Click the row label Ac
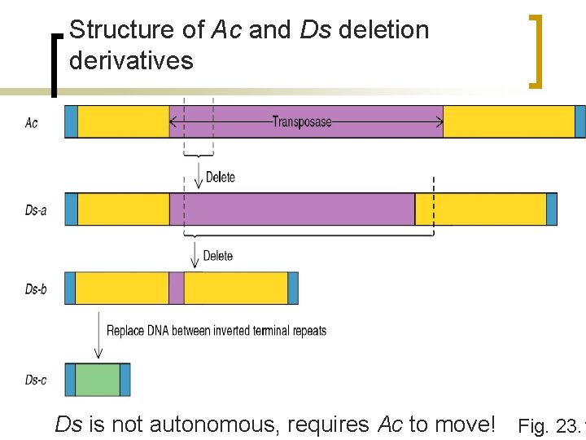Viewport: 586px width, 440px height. coord(31,123)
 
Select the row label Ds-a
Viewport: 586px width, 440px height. coord(35,210)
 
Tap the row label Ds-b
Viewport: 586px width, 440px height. coord(35,288)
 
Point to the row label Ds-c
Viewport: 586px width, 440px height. coord(35,380)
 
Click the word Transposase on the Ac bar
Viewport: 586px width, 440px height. coord(302,122)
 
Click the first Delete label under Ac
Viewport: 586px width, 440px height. coord(220,177)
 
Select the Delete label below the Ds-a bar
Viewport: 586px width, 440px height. coord(217,256)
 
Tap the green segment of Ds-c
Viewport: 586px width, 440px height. coord(98,380)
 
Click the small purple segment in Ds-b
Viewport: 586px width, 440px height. coord(176,288)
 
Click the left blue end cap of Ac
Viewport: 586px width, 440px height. coord(71,121)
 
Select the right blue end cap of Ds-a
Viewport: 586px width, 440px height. coord(552,209)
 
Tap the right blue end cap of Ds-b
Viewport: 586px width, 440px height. coord(293,288)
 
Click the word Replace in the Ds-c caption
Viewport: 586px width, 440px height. coord(126,331)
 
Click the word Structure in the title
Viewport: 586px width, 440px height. coord(103,30)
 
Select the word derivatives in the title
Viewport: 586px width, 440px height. coord(131,60)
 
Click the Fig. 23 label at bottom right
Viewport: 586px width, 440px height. coord(550,425)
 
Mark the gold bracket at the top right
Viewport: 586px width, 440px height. coord(536,51)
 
